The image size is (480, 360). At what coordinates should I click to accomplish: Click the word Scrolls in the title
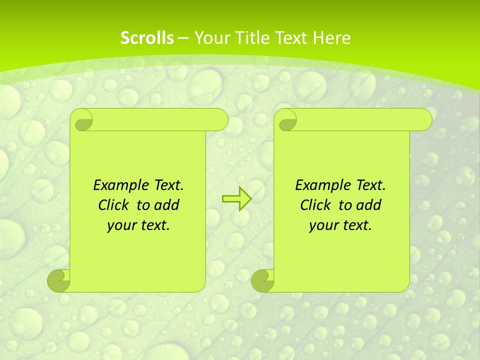pos(147,38)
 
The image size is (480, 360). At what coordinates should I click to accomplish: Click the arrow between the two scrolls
pos(236,199)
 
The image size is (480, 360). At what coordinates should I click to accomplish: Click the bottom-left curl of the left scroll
pos(59,280)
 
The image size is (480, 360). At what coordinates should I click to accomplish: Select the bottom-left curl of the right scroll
pos(263,280)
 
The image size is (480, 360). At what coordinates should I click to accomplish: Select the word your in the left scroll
pos(121,225)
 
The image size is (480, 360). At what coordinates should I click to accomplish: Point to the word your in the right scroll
pos(323,225)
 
